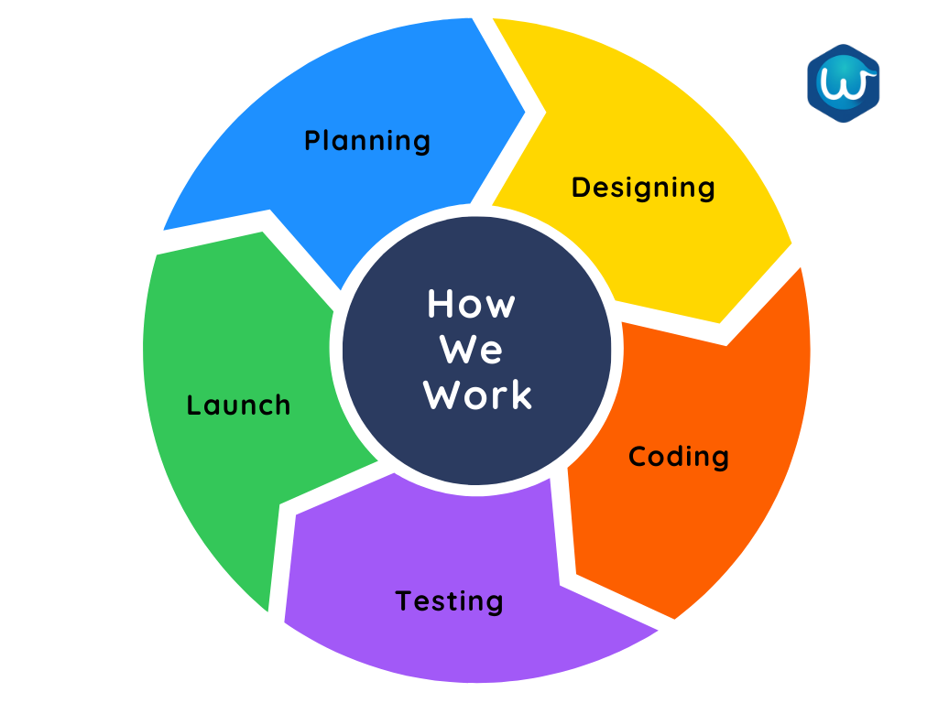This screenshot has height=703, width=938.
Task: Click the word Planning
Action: (366, 141)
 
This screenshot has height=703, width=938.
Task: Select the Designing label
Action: (643, 188)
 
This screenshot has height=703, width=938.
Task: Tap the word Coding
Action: (679, 457)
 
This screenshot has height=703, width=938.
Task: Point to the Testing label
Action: (449, 601)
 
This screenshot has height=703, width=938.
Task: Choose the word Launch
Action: (238, 405)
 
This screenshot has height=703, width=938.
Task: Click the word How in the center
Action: (471, 304)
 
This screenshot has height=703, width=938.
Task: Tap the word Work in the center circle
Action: (477, 395)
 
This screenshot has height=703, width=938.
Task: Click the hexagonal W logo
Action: (843, 83)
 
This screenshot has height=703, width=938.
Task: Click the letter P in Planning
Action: (312, 141)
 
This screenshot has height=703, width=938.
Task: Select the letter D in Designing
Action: (581, 187)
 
